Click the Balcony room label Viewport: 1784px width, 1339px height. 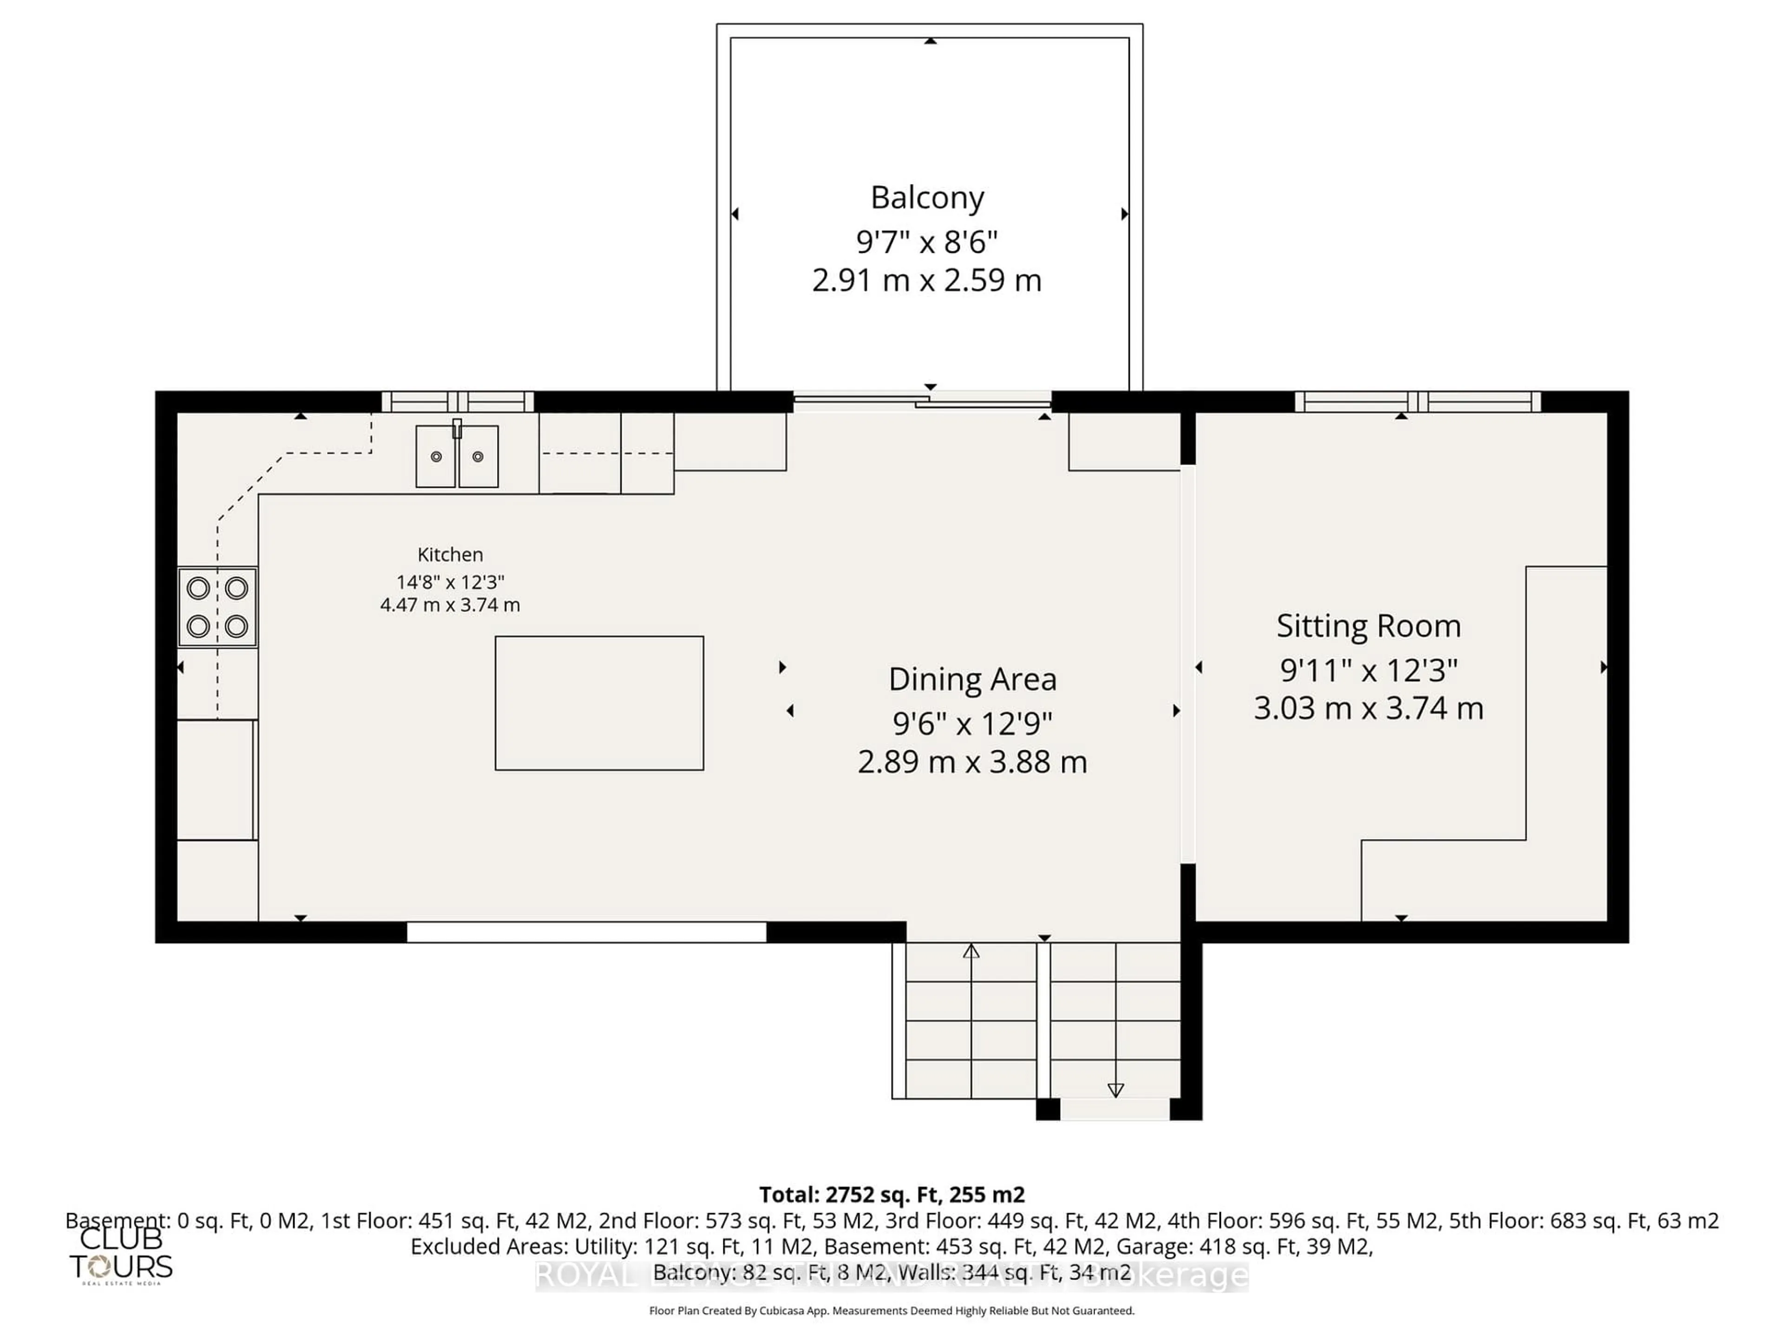(x=927, y=197)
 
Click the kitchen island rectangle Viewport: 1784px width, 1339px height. (x=599, y=702)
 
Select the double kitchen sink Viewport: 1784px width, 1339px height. (x=457, y=457)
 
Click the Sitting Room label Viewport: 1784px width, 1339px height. (x=1368, y=626)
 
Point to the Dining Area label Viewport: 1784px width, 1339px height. (x=972, y=679)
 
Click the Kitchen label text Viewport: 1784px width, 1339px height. (x=450, y=554)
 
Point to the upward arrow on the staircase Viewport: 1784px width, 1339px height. (x=971, y=952)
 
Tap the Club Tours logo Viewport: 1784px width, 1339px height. (x=121, y=1255)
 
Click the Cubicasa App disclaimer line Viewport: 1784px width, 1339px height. (x=891, y=1311)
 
